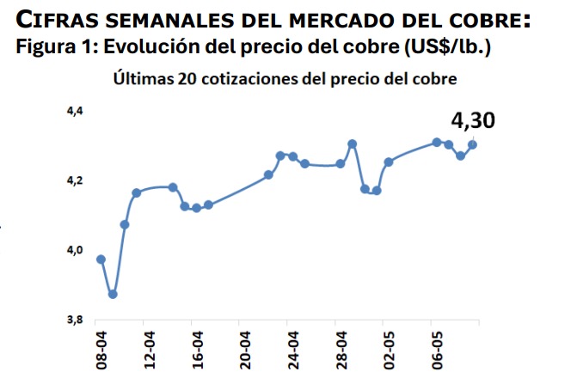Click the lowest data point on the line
(x=113, y=295)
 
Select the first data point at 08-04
(x=101, y=259)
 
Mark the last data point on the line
(x=472, y=144)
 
